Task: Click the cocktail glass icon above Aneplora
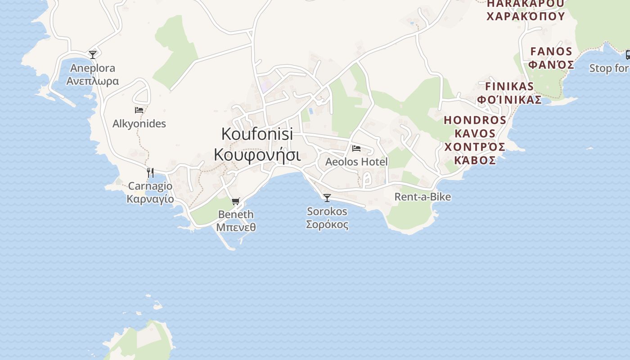pyautogui.click(x=93, y=54)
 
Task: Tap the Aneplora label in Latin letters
pyautogui.click(x=93, y=68)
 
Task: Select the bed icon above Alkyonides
pyautogui.click(x=139, y=110)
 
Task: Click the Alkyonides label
pyautogui.click(x=139, y=124)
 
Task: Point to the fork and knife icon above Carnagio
pyautogui.click(x=150, y=172)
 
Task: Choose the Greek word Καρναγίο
pyautogui.click(x=150, y=199)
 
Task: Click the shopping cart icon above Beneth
pyautogui.click(x=236, y=201)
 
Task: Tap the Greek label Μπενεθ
pyautogui.click(x=236, y=227)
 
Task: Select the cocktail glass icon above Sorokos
pyautogui.click(x=327, y=198)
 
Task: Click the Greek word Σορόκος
pyautogui.click(x=327, y=224)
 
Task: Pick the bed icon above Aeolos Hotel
pyautogui.click(x=356, y=148)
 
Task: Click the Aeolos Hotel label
pyautogui.click(x=356, y=162)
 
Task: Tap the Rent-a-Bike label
pyautogui.click(x=423, y=197)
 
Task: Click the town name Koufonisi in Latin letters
pyautogui.click(x=257, y=134)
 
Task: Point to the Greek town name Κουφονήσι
pyautogui.click(x=257, y=154)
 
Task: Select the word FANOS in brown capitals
pyautogui.click(x=551, y=51)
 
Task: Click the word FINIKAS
pyautogui.click(x=509, y=86)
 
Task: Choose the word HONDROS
pyautogui.click(x=475, y=120)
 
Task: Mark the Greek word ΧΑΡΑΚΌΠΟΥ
pyautogui.click(x=526, y=17)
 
